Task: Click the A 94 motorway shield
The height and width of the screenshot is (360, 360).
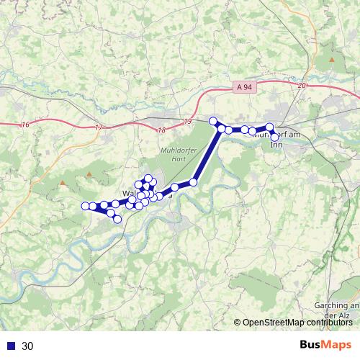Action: [245, 86]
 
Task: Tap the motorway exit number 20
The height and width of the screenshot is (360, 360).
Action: [301, 86]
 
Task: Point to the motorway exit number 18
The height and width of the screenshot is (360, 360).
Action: [160, 130]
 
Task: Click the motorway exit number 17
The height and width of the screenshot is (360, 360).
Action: [99, 127]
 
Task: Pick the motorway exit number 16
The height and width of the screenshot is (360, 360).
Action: [26, 125]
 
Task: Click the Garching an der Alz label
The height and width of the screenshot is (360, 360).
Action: [337, 310]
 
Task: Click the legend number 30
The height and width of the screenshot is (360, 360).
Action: [28, 346]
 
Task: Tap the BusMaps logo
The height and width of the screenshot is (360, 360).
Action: [325, 346]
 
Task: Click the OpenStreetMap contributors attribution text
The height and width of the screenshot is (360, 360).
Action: [297, 322]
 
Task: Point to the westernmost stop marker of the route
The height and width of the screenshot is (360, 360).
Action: [85, 206]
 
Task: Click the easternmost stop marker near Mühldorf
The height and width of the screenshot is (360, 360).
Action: [274, 137]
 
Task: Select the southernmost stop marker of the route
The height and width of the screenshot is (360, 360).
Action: [117, 219]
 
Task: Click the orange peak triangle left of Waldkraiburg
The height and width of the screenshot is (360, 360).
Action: [63, 182]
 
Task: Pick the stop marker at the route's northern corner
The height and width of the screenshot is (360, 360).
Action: [213, 121]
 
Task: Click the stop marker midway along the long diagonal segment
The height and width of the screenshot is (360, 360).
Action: [193, 182]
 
